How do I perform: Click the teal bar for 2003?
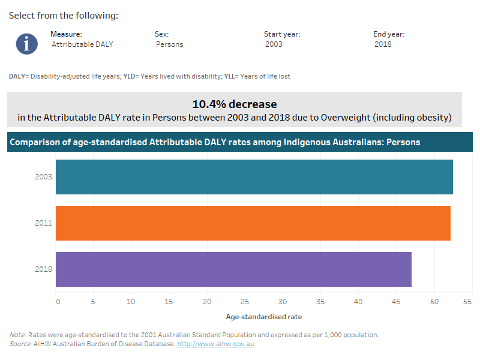254,177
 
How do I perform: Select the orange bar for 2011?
253,223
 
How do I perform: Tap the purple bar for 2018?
233,269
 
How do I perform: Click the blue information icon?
27,44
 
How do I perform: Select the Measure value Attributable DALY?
82,44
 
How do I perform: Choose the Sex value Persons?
170,44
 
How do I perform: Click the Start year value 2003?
274,44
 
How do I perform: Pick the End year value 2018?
383,44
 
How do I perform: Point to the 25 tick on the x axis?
245,302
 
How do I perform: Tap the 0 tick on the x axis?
58,302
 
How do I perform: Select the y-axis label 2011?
44,223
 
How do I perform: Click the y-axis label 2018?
44,269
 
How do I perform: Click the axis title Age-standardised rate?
264,316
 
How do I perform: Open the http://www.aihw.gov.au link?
215,344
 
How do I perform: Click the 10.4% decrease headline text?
235,104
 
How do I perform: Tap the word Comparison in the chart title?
34,142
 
